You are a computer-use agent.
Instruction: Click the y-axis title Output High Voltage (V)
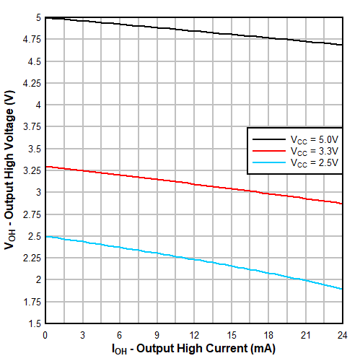(x=9, y=170)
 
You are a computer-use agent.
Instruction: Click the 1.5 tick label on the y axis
(x=34, y=323)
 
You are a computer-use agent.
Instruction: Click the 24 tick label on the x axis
(x=342, y=335)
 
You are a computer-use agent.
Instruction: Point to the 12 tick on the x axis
(x=193, y=335)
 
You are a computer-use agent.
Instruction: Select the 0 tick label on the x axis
(x=45, y=335)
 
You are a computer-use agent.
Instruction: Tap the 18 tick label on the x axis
(x=268, y=335)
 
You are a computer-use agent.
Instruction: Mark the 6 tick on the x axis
(x=120, y=335)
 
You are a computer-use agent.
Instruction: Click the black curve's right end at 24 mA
(x=342, y=45)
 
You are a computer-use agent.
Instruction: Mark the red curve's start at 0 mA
(x=45, y=167)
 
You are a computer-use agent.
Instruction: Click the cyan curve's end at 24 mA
(x=342, y=289)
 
